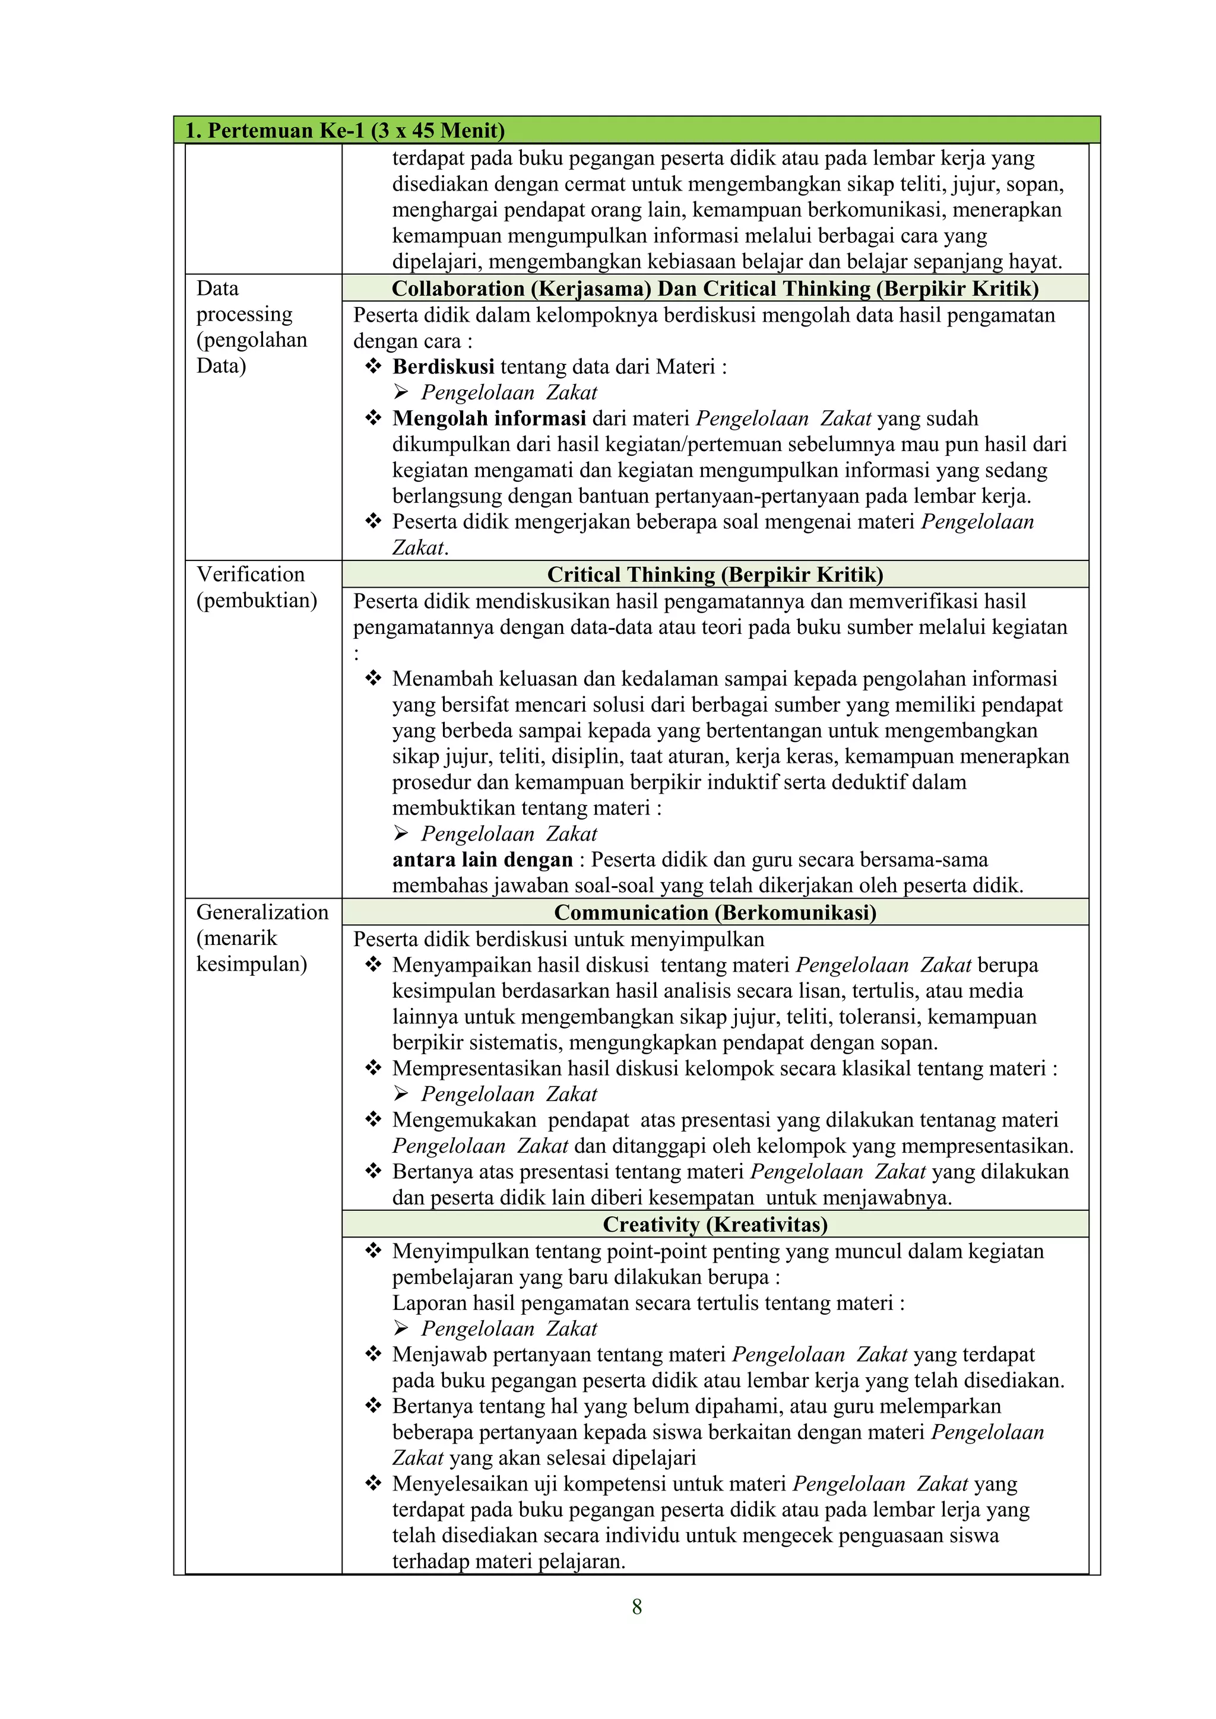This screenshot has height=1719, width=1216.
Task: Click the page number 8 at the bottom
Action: coord(636,1607)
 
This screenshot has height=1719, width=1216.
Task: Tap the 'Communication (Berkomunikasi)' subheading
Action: coord(715,913)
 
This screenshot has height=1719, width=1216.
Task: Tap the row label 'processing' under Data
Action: coord(244,315)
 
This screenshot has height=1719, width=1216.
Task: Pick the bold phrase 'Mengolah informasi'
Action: coord(489,418)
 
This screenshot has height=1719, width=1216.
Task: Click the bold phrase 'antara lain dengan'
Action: coord(482,859)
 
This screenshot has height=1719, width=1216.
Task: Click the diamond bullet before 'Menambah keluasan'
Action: coord(373,678)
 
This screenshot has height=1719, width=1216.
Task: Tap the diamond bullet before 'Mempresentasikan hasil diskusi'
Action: coord(373,1068)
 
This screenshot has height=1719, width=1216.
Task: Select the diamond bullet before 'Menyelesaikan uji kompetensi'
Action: coord(373,1484)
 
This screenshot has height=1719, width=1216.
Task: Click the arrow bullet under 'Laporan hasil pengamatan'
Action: coord(401,1329)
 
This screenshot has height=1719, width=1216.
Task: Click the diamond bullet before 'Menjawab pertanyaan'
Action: coord(373,1355)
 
